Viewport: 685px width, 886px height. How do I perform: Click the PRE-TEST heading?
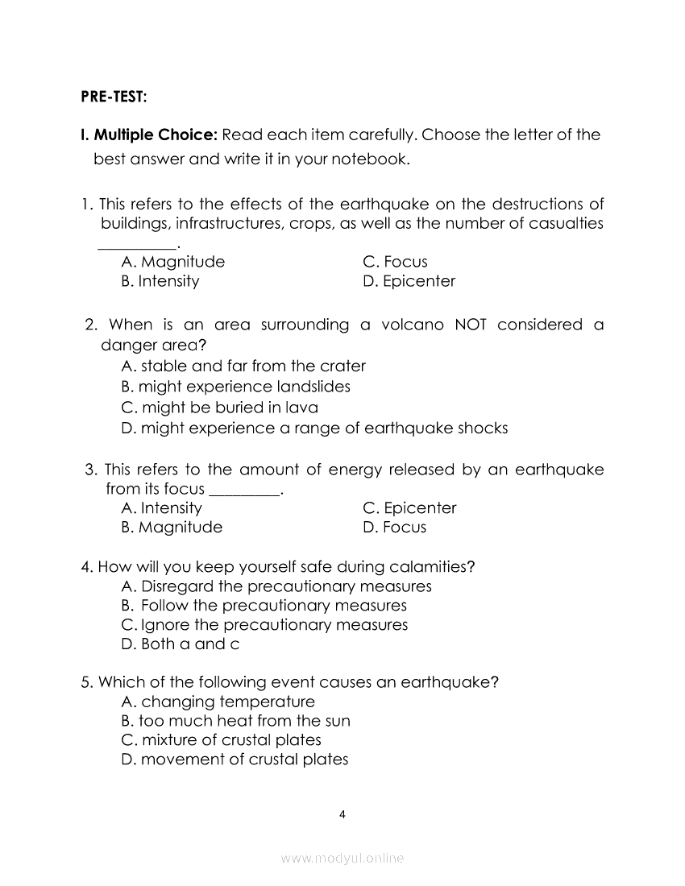tap(114, 97)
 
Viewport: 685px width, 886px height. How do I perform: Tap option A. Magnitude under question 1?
tap(172, 262)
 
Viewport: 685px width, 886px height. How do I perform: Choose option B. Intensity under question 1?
tap(160, 281)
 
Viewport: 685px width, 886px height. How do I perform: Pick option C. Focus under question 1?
tap(395, 262)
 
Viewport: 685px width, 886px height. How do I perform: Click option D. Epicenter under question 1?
tap(409, 281)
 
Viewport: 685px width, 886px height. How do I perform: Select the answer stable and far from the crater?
tap(243, 366)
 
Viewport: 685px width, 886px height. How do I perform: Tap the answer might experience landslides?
tap(235, 387)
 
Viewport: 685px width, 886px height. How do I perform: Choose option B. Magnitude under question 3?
tap(171, 528)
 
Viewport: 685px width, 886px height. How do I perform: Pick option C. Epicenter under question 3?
tap(409, 508)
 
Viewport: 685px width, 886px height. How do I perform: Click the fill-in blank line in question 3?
tap(245, 494)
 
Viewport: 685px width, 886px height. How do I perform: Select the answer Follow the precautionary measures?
tap(264, 606)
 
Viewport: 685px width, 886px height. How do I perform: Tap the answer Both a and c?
tap(180, 644)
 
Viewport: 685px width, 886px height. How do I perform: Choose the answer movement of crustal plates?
tap(235, 760)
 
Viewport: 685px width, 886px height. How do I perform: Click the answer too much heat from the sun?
tap(235, 721)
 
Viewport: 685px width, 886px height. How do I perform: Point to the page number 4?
tap(342, 814)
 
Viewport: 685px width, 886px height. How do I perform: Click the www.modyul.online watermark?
tap(342, 859)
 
